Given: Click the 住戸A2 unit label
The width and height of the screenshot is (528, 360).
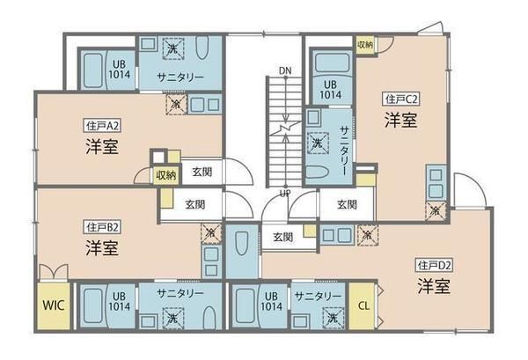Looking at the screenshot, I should (102, 124).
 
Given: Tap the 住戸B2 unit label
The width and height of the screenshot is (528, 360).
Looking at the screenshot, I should (102, 226).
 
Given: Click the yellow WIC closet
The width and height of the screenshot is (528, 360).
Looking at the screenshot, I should (52, 307).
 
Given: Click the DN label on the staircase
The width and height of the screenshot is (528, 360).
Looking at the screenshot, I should (283, 70).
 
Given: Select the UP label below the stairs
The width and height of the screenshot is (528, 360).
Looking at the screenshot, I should (284, 193).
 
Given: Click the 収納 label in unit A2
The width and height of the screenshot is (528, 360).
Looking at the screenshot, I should (165, 174).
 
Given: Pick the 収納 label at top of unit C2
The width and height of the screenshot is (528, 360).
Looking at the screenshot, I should (364, 44).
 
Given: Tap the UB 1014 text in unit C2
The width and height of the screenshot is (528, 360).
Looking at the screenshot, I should (331, 88).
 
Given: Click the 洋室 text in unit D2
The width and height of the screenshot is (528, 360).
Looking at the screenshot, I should (434, 286).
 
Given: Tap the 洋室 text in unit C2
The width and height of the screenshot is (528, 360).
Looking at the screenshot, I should (400, 121).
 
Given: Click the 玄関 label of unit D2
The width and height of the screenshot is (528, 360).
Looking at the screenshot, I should (282, 236).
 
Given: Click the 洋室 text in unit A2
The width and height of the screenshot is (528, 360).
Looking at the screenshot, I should (102, 145).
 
